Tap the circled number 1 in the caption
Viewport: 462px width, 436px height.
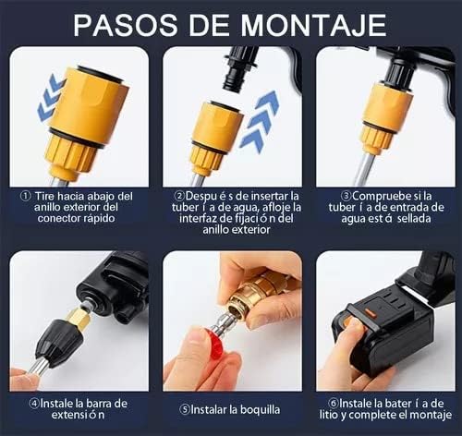pyautogui.click(x=24, y=197)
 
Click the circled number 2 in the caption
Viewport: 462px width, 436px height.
pyautogui.click(x=178, y=197)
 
